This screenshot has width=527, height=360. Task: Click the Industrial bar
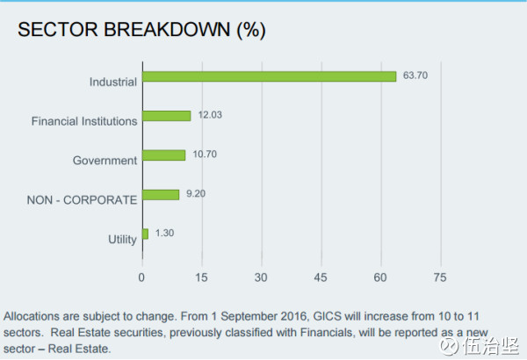pos(270,76)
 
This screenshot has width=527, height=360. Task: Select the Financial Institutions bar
pos(167,116)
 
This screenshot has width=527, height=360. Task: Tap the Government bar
pos(164,155)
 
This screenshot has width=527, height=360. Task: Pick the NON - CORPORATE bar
pos(161,195)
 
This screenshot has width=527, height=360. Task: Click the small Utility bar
pos(145,234)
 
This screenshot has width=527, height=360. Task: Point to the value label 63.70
pos(415,76)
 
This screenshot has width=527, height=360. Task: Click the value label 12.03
pos(210,115)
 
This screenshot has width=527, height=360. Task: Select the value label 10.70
pos(205,155)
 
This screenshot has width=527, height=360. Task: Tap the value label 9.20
pos(196,194)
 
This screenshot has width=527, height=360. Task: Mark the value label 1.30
pos(165,233)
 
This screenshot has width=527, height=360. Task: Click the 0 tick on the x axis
pos(141,277)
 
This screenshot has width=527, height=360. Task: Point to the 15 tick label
pos(201,277)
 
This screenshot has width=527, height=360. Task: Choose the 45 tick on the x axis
pos(321,277)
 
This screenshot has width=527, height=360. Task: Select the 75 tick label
pos(440,277)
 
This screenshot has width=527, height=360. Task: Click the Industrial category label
pos(113,82)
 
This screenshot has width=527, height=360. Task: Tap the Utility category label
pos(122,240)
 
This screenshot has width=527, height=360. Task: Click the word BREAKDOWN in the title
pos(167,30)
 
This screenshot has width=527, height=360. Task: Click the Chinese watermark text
pos(491,346)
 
